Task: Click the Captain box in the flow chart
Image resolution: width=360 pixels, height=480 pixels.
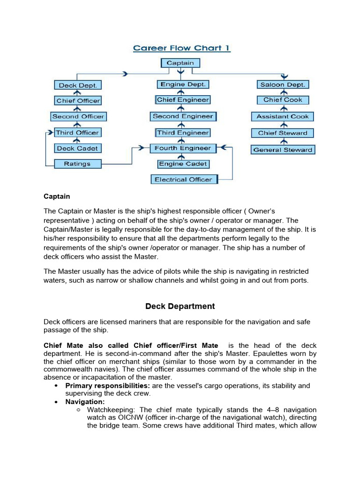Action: click(180, 63)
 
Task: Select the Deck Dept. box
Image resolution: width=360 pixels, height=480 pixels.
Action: click(78, 85)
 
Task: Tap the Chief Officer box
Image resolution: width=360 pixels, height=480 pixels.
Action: click(78, 101)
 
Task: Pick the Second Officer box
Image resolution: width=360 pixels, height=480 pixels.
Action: click(78, 116)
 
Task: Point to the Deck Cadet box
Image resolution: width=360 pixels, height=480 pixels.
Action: click(77, 149)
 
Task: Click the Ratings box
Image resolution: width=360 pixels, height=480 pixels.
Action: click(77, 164)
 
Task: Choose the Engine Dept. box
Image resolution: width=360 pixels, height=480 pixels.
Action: click(183, 85)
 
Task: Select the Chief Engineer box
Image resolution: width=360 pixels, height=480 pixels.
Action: click(183, 100)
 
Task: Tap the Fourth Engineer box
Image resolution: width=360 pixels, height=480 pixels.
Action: click(183, 149)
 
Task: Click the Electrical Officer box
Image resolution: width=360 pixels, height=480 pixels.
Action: click(183, 180)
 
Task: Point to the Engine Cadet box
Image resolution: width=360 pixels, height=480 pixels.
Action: click(183, 164)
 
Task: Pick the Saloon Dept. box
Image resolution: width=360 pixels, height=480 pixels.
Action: click(283, 85)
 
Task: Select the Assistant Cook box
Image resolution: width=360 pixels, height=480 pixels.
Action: click(283, 116)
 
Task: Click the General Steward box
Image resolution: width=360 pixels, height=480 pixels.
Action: click(283, 150)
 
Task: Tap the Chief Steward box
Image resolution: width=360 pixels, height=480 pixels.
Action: click(283, 133)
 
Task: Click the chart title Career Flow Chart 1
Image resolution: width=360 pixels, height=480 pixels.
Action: click(182, 48)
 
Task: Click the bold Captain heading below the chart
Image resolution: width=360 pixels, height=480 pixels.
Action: click(57, 196)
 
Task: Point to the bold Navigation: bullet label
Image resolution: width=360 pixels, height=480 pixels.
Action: click(85, 402)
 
